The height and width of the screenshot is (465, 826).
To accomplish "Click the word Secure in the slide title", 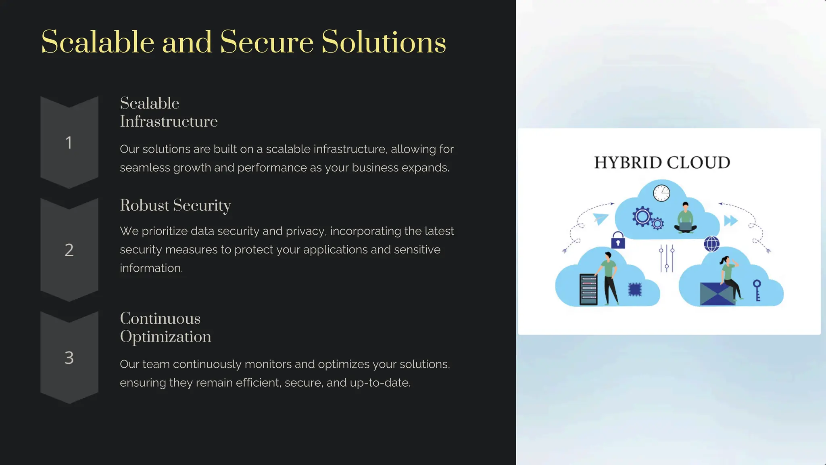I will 267,42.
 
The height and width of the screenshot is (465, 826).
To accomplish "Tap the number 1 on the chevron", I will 69,142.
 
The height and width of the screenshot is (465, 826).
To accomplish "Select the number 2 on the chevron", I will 69,250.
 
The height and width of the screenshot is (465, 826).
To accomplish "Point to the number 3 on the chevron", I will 69,358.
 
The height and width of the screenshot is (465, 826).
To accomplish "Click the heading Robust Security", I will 175,205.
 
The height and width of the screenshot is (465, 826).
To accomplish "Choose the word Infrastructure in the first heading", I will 169,121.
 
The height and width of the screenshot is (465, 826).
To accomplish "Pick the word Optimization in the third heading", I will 165,337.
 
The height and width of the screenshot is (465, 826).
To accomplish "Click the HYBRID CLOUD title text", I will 662,163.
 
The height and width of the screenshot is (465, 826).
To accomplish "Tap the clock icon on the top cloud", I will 661,193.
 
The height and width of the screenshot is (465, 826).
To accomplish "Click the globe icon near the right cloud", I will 711,244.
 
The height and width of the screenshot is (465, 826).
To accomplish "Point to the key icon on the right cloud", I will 757,290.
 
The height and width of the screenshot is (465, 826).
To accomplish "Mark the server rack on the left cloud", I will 588,289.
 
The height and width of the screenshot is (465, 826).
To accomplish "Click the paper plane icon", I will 600,218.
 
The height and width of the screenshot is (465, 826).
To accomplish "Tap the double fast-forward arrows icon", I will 731,220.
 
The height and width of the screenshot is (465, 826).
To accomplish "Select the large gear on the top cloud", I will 642,216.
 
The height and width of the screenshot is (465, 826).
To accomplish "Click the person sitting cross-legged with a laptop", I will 685,218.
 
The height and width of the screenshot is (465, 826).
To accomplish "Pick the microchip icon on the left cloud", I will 635,289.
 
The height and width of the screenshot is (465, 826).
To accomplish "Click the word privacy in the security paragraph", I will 308,231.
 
